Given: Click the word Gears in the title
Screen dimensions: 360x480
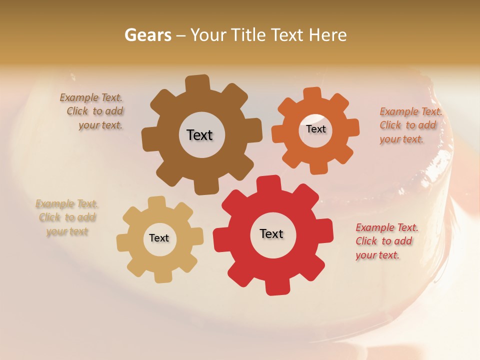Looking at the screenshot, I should [x=147, y=35].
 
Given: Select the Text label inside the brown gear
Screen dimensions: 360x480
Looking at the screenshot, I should [x=199, y=135].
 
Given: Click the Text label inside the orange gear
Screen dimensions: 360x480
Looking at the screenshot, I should [x=315, y=129].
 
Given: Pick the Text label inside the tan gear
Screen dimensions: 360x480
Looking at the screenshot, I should [x=159, y=238].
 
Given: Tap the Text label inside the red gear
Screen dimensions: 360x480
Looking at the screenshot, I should [x=271, y=233].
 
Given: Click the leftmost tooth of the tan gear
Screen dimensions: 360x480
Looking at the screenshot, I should [x=123, y=243].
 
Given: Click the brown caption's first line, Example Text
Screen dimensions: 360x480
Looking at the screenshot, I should [x=91, y=97].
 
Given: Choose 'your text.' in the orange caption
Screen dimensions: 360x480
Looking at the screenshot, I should [x=401, y=139].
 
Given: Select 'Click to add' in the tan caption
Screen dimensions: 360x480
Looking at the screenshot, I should [x=67, y=217].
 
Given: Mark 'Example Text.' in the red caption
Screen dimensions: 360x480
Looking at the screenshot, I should [x=387, y=227].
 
